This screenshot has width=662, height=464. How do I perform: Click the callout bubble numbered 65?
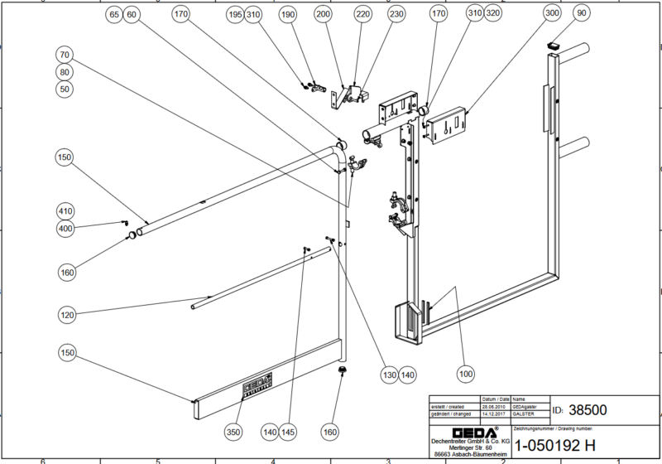pyautogui.click(x=114, y=16)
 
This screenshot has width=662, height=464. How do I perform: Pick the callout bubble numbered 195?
pyautogui.click(x=234, y=15)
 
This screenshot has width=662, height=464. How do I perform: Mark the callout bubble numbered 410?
pyautogui.click(x=65, y=210)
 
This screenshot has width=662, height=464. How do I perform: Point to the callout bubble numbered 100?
pyautogui.click(x=466, y=375)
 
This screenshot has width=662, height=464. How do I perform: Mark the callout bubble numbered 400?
pyautogui.click(x=65, y=228)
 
